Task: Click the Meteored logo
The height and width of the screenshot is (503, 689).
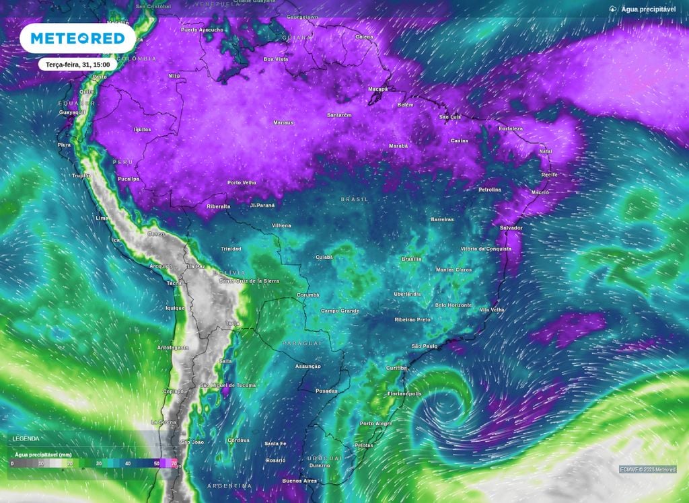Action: click(x=77, y=39)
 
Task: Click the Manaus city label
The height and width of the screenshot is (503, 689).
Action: click(x=283, y=122)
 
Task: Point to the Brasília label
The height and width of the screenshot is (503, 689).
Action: click(x=411, y=258)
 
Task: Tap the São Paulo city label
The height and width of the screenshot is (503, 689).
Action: click(x=424, y=346)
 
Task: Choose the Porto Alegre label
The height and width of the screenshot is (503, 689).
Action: click(x=376, y=424)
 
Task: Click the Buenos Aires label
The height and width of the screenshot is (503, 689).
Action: click(x=300, y=481)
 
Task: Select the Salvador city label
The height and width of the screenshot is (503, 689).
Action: click(x=511, y=228)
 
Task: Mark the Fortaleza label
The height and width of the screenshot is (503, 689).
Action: click(x=511, y=128)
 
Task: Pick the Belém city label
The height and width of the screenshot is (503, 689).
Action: click(x=405, y=105)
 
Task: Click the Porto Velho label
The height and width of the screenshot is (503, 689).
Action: click(x=242, y=182)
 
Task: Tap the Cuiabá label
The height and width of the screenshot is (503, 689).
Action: click(x=324, y=257)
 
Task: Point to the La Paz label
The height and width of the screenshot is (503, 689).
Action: click(x=196, y=266)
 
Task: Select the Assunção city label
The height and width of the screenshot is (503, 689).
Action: click(x=307, y=366)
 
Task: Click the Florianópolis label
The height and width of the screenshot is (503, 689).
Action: click(x=405, y=393)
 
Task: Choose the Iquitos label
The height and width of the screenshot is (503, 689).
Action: click(x=143, y=129)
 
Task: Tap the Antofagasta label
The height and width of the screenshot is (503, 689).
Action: click(x=173, y=348)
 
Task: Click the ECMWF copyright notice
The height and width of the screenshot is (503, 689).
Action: click(x=647, y=469)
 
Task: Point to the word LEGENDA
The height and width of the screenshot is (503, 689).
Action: click(x=26, y=438)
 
